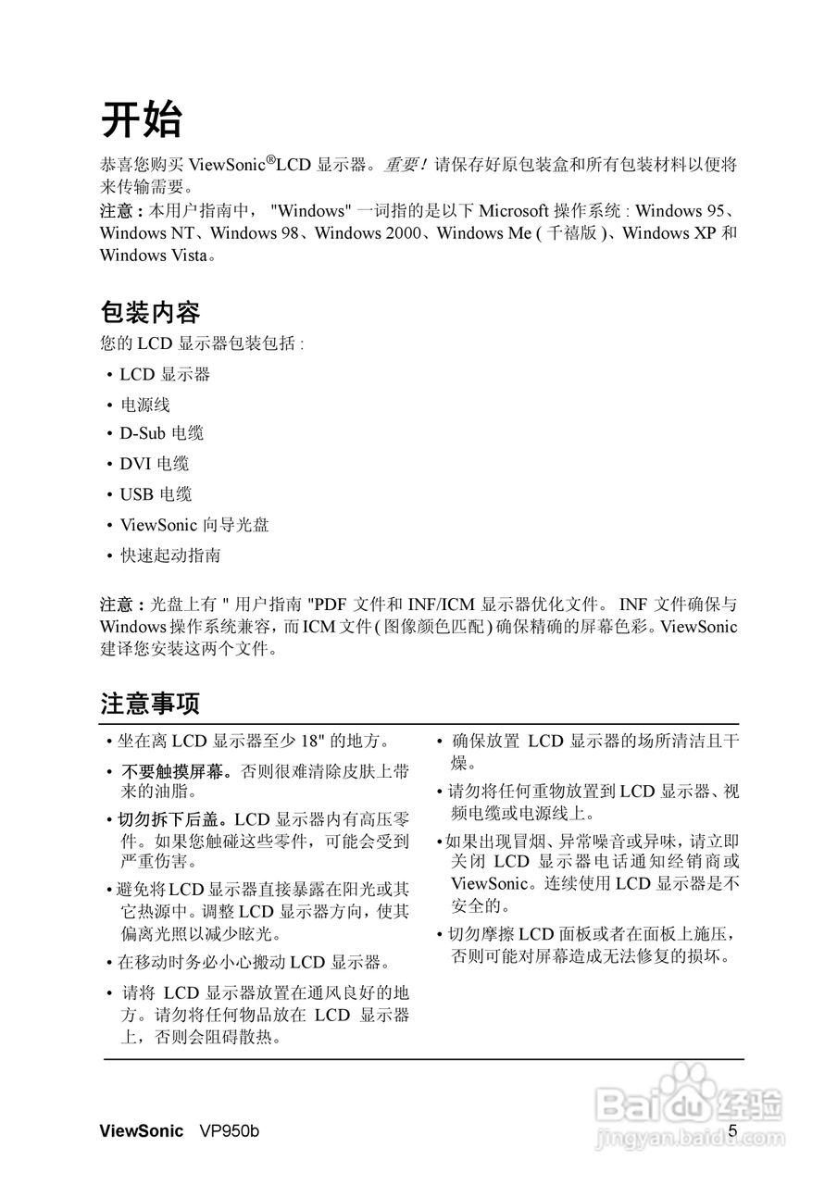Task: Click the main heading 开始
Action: point(142,120)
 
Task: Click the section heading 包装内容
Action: point(150,311)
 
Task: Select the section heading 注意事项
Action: point(150,704)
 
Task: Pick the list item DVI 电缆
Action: point(155,464)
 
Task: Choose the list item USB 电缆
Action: point(156,494)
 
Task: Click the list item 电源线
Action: point(145,405)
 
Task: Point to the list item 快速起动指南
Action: point(170,555)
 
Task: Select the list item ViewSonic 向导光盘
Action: point(194,525)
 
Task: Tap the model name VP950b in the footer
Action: point(230,1131)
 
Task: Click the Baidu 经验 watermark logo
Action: point(690,1107)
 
